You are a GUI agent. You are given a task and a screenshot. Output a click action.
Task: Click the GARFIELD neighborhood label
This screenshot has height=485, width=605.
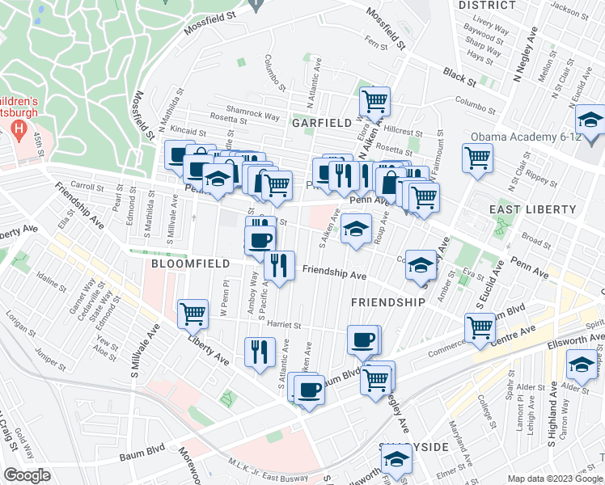pos(321,123)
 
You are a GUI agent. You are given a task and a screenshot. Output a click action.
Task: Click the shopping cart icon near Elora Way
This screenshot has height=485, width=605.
pos(374,101)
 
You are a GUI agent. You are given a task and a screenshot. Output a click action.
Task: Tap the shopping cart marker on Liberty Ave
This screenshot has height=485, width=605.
pos(192,314)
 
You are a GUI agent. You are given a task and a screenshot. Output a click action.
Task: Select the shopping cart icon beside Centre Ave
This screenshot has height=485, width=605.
pos(480,327)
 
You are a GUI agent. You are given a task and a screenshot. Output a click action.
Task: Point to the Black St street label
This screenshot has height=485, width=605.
pos(459,74)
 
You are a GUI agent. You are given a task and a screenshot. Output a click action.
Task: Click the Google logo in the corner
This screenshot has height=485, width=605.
pos(27,475)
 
